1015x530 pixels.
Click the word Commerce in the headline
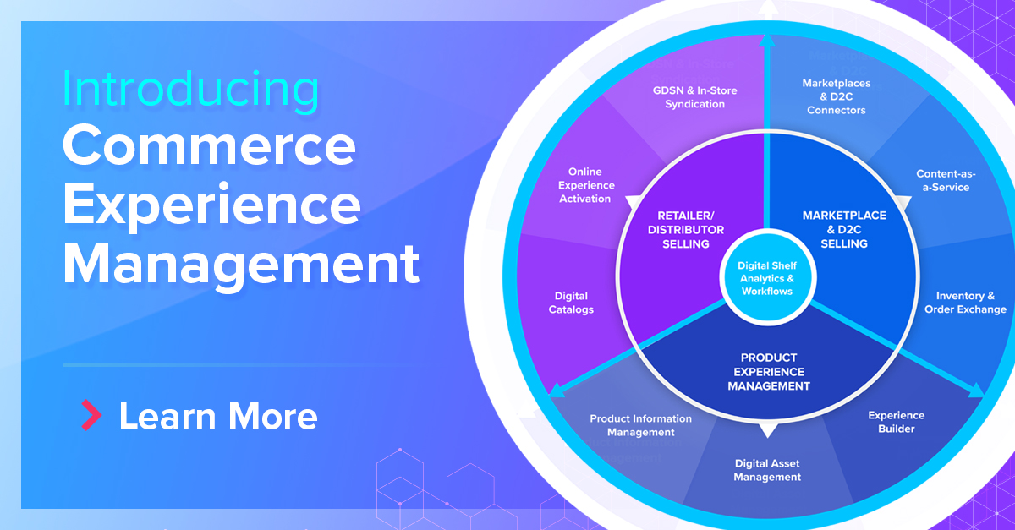[x=209, y=146]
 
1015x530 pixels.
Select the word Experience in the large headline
[x=211, y=205]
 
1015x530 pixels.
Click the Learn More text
[x=218, y=416]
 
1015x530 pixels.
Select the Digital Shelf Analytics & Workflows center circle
[x=766, y=278]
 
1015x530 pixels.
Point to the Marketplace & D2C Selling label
[x=844, y=230]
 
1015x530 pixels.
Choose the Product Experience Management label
[x=768, y=372]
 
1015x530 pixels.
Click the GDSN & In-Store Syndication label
[x=689, y=97]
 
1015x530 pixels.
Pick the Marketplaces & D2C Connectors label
[x=836, y=96]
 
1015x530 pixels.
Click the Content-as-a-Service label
[x=946, y=181]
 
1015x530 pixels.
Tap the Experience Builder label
[x=896, y=422]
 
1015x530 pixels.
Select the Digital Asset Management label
[x=766, y=470]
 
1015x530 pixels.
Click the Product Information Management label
[x=640, y=425]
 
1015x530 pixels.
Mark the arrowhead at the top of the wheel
[x=766, y=40]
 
